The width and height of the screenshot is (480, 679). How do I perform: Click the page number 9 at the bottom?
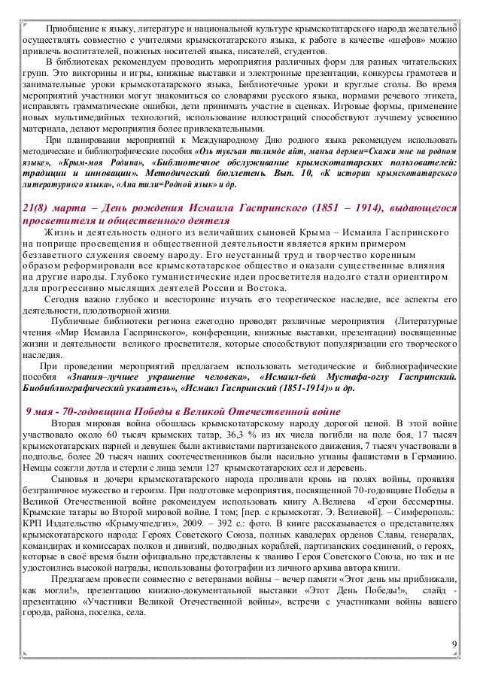click(454, 645)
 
